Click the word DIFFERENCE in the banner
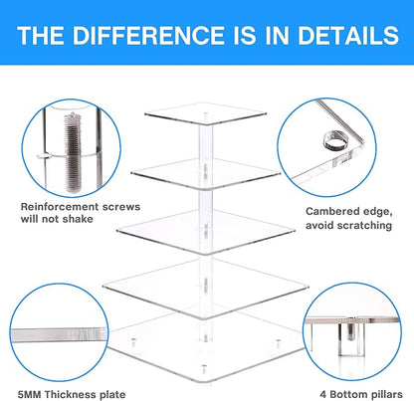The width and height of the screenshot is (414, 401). pyautogui.click(x=147, y=36)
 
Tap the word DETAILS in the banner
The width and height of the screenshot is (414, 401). pyautogui.click(x=348, y=36)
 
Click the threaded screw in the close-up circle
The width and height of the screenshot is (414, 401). pyautogui.click(x=73, y=152)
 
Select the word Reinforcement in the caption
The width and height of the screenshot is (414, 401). pyautogui.click(x=60, y=207)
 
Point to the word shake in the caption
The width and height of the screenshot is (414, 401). pyautogui.click(x=79, y=219)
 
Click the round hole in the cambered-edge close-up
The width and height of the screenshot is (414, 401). pyautogui.click(x=336, y=140)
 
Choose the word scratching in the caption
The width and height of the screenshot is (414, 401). pyautogui.click(x=363, y=226)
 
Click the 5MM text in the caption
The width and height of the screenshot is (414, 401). pyautogui.click(x=30, y=395)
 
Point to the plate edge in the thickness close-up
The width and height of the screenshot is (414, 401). pyautogui.click(x=59, y=334)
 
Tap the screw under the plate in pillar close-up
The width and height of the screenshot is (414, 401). pyautogui.click(x=351, y=331)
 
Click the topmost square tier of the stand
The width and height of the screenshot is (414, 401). pyautogui.click(x=206, y=113)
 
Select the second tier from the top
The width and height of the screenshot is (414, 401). pyautogui.click(x=206, y=173)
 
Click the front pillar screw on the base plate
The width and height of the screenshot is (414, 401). pyautogui.click(x=203, y=369)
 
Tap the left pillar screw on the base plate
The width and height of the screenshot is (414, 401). pyautogui.click(x=133, y=343)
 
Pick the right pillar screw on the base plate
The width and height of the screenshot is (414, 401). pyautogui.click(x=278, y=344)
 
